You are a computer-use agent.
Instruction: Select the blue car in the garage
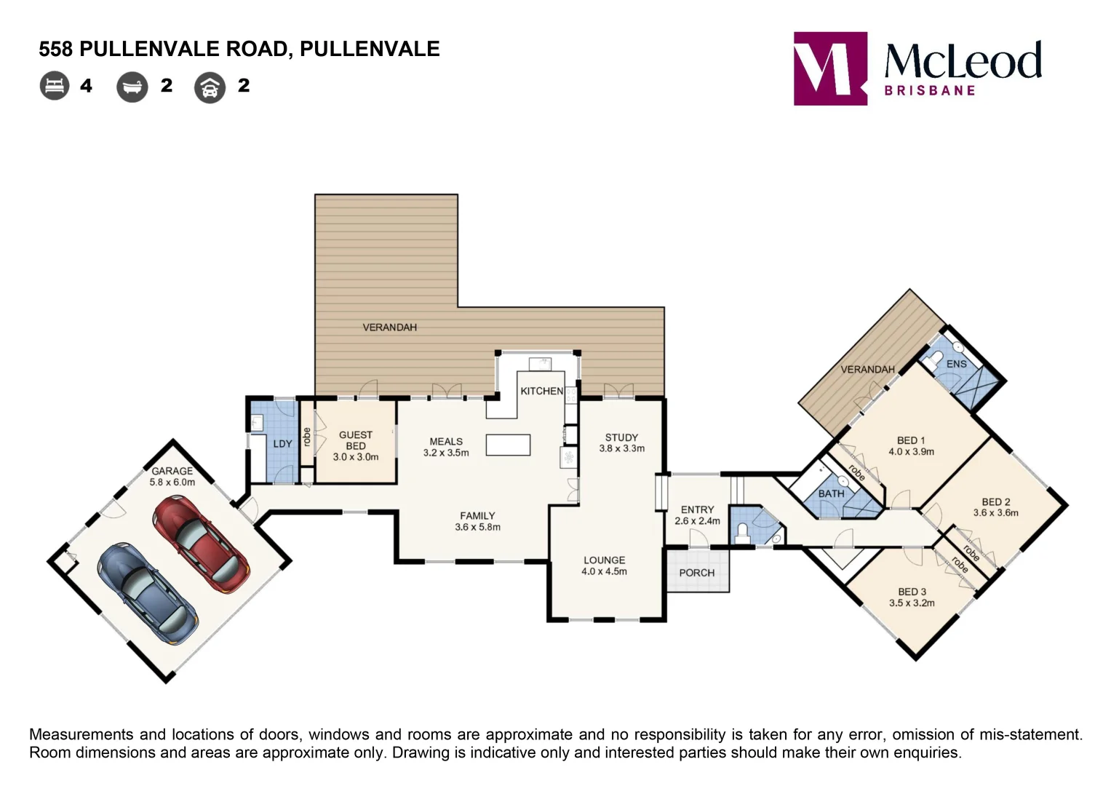coord(148,594)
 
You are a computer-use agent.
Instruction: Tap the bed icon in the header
coord(55,86)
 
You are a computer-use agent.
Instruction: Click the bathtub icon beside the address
coord(132,87)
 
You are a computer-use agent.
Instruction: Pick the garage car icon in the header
coord(210,88)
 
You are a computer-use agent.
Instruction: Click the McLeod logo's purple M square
coord(830,68)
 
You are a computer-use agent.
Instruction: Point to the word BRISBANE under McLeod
coord(929,91)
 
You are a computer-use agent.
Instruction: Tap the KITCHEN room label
coord(541,391)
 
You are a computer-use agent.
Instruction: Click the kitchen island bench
coord(508,445)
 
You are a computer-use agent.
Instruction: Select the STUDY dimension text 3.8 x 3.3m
coord(621,448)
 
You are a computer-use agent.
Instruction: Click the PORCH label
coord(697,573)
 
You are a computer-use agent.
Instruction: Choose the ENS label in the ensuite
coord(956,364)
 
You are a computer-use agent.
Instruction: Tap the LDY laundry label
coord(282,444)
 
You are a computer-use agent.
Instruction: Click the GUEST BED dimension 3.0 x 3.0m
coord(356,457)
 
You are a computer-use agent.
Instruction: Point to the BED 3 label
coord(912,592)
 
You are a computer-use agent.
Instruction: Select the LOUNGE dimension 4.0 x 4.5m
coord(604,571)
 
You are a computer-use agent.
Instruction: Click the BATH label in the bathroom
coord(831,493)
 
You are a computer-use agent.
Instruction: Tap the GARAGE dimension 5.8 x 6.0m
coord(172,482)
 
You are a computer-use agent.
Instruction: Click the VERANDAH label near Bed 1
coord(867,370)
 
